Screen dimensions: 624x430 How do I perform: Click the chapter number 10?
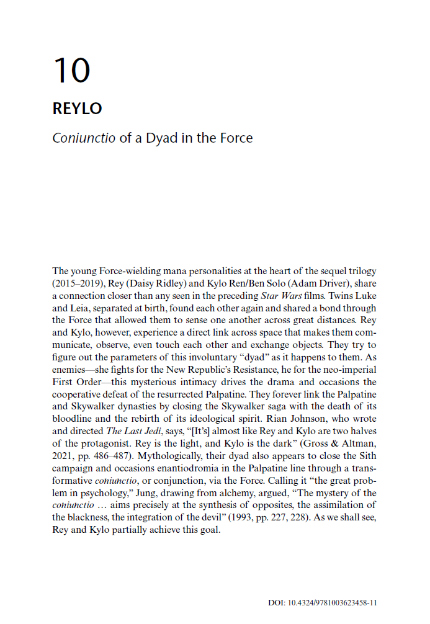[x=72, y=70]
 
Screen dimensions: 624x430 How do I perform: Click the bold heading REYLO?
[x=77, y=108]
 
